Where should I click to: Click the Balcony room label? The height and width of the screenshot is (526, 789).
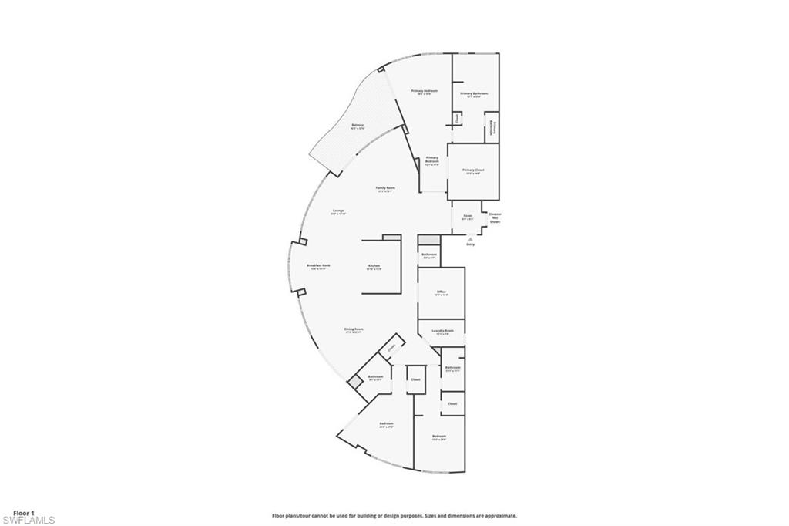point(358,126)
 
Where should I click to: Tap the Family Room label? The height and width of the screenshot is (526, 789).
point(385,189)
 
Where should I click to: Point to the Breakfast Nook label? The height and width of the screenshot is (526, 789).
point(318,266)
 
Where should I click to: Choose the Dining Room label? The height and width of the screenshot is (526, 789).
point(354,330)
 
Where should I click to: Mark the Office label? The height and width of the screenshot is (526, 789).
point(441,292)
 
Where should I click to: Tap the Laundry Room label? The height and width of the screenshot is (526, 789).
point(445,332)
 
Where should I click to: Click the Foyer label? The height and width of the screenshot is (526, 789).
point(468,217)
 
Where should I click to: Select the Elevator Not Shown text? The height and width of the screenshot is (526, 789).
point(495,217)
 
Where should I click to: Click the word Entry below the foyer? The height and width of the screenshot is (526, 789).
point(470,245)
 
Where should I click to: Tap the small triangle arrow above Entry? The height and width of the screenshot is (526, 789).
point(470,239)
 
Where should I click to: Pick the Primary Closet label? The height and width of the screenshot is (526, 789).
point(473,170)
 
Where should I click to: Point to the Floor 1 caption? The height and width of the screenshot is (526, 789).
point(24,512)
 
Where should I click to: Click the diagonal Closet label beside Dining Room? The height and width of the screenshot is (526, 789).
point(391,348)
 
